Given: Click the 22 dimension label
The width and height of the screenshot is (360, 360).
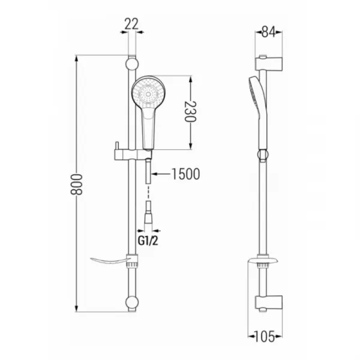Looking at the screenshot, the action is (131, 24).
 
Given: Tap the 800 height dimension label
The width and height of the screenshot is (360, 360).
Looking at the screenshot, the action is (76, 184).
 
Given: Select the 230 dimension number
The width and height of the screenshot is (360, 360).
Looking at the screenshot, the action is (190, 112).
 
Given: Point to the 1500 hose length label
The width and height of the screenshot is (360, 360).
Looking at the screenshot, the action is (186, 174).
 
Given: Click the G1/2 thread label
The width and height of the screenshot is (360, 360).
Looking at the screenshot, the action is (148, 241).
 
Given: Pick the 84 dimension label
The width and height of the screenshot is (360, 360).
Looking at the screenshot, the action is (269, 32).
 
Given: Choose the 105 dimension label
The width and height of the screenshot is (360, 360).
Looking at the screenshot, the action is (265, 337).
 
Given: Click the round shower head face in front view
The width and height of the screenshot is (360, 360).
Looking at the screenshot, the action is (149, 94).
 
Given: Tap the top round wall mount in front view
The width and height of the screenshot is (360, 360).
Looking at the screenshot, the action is (132, 64).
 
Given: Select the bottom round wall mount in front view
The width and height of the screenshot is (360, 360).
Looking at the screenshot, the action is (132, 302).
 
